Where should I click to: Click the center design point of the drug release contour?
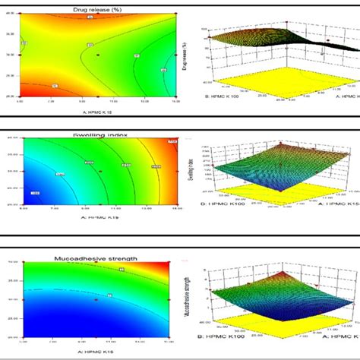(x=97, y=55)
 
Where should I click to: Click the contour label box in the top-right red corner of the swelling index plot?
(x=172, y=141)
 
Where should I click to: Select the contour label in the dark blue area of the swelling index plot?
(x=35, y=195)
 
